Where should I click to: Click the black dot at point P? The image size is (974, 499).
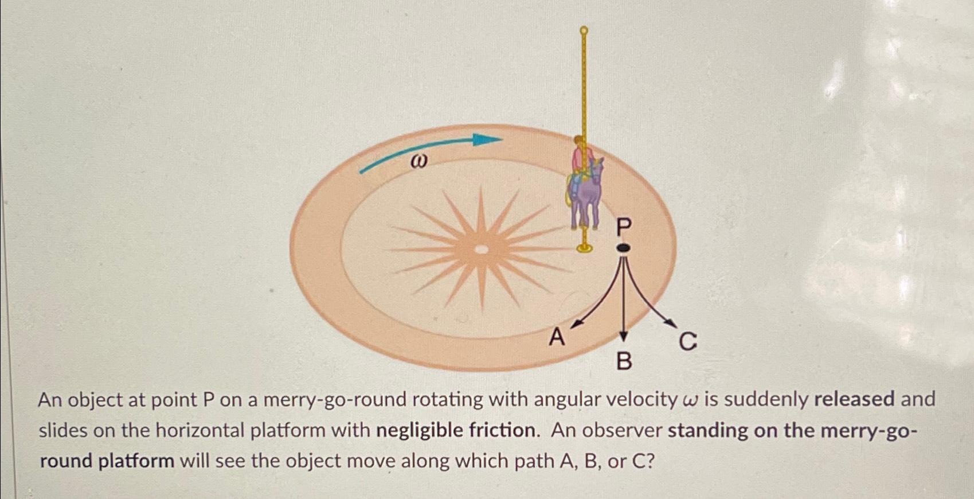[x=623, y=248]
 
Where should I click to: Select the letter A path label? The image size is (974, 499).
[x=556, y=337]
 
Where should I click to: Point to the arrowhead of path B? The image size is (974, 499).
[x=624, y=337]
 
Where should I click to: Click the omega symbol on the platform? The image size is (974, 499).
[x=419, y=162]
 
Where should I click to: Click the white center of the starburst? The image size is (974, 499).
[x=482, y=249]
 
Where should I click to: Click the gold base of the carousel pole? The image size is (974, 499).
[x=584, y=248]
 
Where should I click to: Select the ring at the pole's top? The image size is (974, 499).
[x=584, y=30]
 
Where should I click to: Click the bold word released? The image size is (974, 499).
[x=854, y=399]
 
